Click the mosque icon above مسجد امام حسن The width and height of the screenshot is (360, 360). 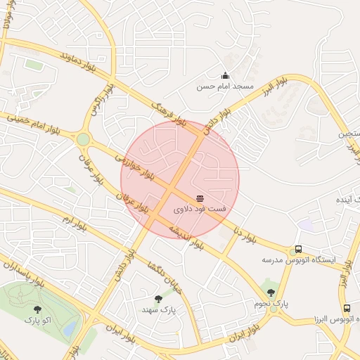tap(225, 75)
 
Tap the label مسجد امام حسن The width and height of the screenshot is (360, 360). tap(224, 86)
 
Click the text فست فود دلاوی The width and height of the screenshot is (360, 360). tap(200, 210)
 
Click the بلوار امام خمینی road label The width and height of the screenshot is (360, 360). tap(32, 124)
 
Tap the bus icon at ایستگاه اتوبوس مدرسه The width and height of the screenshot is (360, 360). tap(299, 249)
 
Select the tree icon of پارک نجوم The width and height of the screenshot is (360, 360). tap(271, 292)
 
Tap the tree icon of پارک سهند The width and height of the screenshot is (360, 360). tap(158, 299)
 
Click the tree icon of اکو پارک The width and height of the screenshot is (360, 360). tap(37, 309)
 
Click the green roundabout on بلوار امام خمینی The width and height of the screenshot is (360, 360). tap(83, 139)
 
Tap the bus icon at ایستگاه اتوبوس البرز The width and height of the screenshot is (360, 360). tap(346, 308)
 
